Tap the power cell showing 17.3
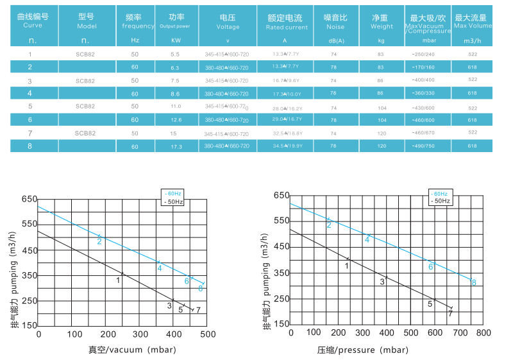pyautogui.click(x=177, y=146)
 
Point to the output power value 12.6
pyautogui.click(x=176, y=120)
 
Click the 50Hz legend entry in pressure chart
pyautogui.click(x=440, y=201)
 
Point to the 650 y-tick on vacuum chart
pyautogui.click(x=29, y=200)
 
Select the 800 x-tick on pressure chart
pyautogui.click(x=483, y=333)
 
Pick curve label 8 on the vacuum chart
pyautogui.click(x=201, y=289)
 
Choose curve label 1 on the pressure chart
pyautogui.click(x=347, y=265)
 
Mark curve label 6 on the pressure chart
pyautogui.click(x=431, y=266)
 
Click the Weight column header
pyautogui.click(x=382, y=22)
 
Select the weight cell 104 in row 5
pyautogui.click(x=381, y=107)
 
